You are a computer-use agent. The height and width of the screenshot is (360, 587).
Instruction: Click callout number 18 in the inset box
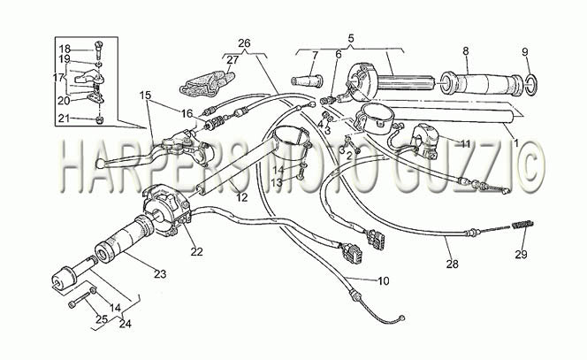point(65,49)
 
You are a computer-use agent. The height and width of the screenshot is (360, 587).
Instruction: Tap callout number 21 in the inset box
point(64,119)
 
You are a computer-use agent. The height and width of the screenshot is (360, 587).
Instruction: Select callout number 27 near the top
point(233,60)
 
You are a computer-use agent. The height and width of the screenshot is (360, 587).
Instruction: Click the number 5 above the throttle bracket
point(351,38)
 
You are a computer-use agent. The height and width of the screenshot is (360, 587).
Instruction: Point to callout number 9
point(525,51)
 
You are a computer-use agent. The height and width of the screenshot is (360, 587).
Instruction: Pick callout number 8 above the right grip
point(466,51)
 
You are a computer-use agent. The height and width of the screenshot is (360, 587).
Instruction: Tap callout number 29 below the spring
point(521,255)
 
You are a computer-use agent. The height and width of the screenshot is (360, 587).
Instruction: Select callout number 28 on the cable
point(453,264)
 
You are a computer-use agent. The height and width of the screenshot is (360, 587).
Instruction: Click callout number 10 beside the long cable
point(384,280)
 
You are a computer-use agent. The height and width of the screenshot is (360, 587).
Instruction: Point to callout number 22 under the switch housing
point(196,252)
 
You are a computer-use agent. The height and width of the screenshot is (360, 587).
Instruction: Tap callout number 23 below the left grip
point(160,274)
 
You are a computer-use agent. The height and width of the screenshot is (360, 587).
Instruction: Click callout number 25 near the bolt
point(102,319)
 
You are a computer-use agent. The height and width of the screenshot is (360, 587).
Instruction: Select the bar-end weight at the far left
point(64,279)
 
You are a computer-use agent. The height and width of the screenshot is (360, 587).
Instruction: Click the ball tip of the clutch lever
point(100,164)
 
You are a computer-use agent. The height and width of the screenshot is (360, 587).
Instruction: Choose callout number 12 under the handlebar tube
point(242,197)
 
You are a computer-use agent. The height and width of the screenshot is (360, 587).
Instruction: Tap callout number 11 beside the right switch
point(465,143)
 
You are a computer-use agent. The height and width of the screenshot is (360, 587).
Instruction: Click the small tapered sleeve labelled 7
point(307,80)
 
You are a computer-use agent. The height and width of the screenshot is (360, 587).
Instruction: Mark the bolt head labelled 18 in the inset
point(98,46)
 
